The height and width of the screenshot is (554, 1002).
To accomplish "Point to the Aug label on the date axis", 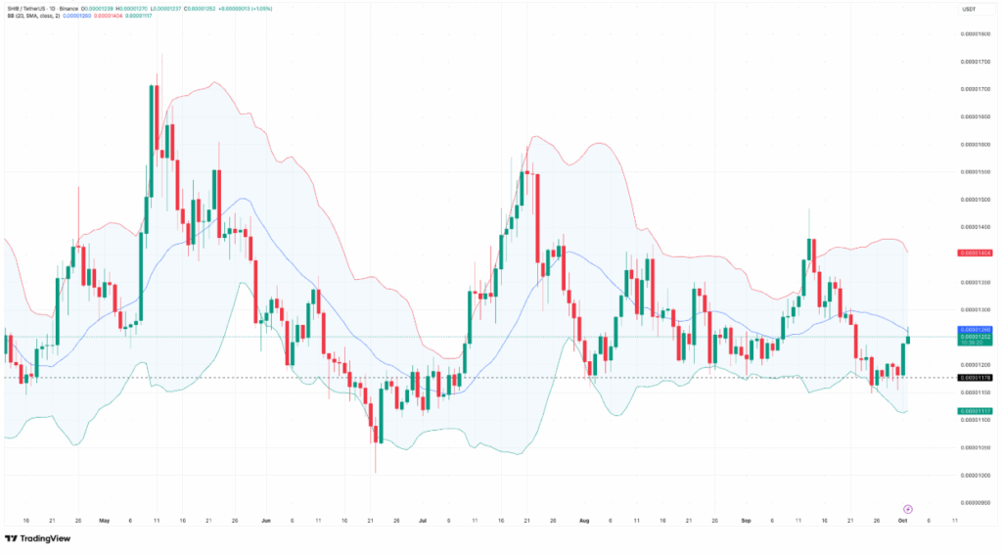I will coord(584,521).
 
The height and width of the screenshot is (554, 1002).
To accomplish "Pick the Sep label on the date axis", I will coord(746,521).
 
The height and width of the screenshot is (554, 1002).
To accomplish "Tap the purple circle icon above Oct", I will coord(908,508).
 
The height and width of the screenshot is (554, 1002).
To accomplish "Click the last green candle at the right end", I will coord(909,339).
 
